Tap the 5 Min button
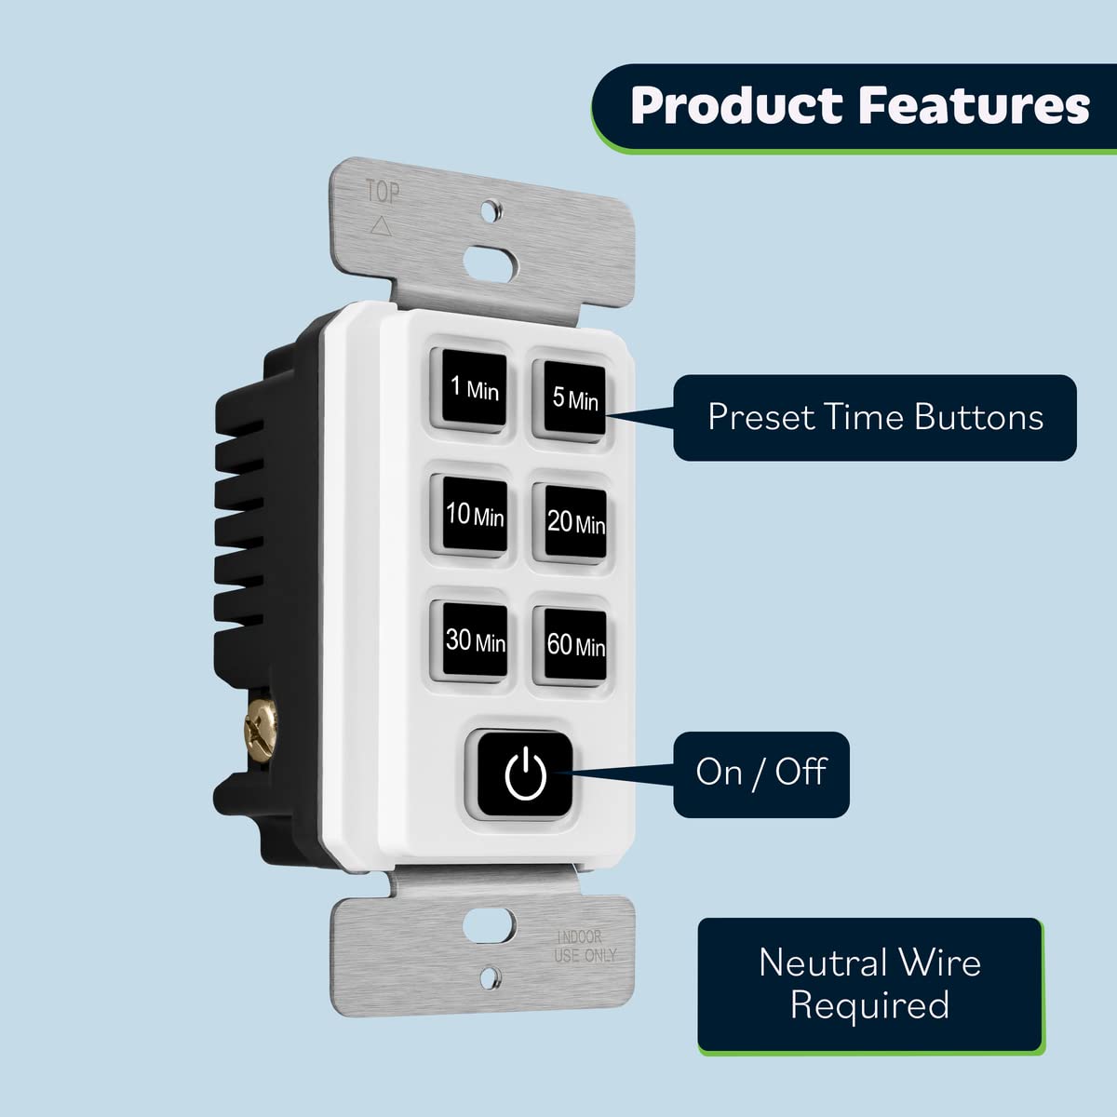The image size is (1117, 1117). [x=570, y=397]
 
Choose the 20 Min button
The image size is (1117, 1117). [x=573, y=522]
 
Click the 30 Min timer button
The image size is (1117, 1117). [x=472, y=640]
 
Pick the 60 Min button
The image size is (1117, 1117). [x=572, y=645]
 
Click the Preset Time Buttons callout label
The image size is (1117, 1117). [x=875, y=417]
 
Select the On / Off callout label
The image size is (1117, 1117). [x=761, y=773]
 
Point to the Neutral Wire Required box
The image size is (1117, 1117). [x=869, y=985]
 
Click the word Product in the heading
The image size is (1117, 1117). [x=735, y=105]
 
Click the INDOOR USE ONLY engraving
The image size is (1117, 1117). [x=585, y=946]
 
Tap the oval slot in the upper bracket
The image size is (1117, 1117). [x=489, y=256]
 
